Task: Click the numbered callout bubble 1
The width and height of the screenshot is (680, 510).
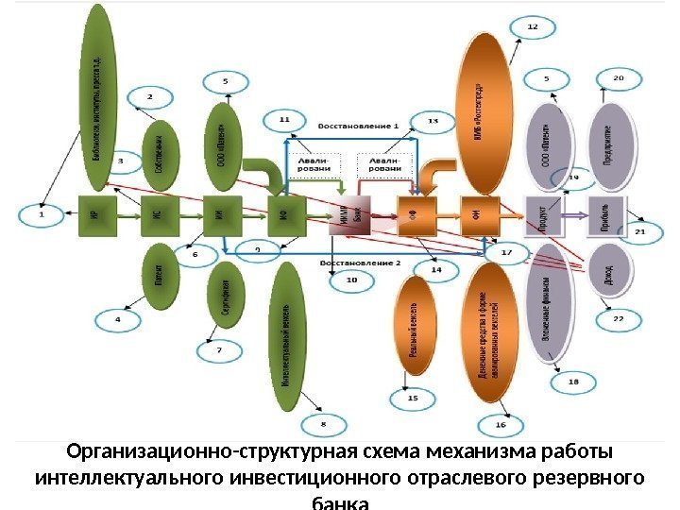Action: (x=41, y=214)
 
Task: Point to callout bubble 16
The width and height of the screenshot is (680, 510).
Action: (x=501, y=426)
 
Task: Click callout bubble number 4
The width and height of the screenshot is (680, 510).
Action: (x=118, y=320)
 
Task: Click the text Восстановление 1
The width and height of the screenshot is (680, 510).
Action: (x=358, y=125)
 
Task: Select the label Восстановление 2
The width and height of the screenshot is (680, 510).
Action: (x=360, y=261)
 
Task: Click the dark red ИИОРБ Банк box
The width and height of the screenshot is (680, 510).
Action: (x=343, y=219)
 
